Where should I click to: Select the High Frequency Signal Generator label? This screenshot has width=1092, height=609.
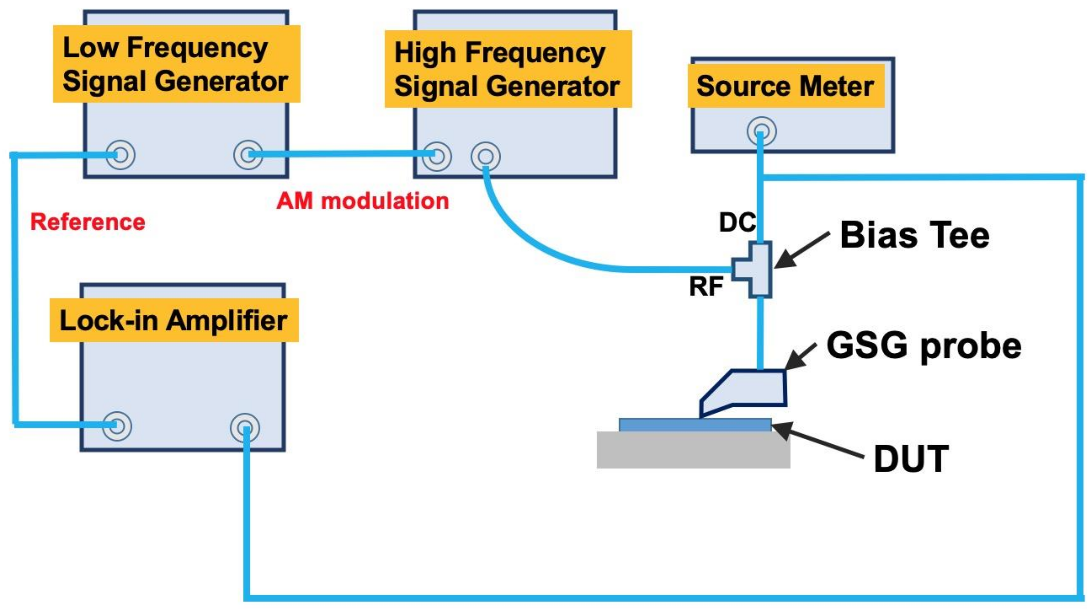pyautogui.click(x=507, y=69)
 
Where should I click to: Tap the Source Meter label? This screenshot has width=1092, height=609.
pyautogui.click(x=785, y=86)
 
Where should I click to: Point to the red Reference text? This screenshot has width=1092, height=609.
pyautogui.click(x=88, y=222)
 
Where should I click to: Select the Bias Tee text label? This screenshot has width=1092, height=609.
pyautogui.click(x=915, y=235)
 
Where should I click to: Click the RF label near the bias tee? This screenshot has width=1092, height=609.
pyautogui.click(x=706, y=286)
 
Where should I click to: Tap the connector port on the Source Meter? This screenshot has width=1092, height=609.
pyautogui.click(x=761, y=131)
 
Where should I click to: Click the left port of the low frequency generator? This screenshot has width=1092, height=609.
pyautogui.click(x=120, y=155)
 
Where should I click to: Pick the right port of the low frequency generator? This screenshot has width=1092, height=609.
pyautogui.click(x=248, y=155)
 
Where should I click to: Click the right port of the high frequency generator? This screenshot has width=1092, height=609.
pyautogui.click(x=485, y=156)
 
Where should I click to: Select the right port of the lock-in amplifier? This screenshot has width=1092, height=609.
pyautogui.click(x=244, y=428)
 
